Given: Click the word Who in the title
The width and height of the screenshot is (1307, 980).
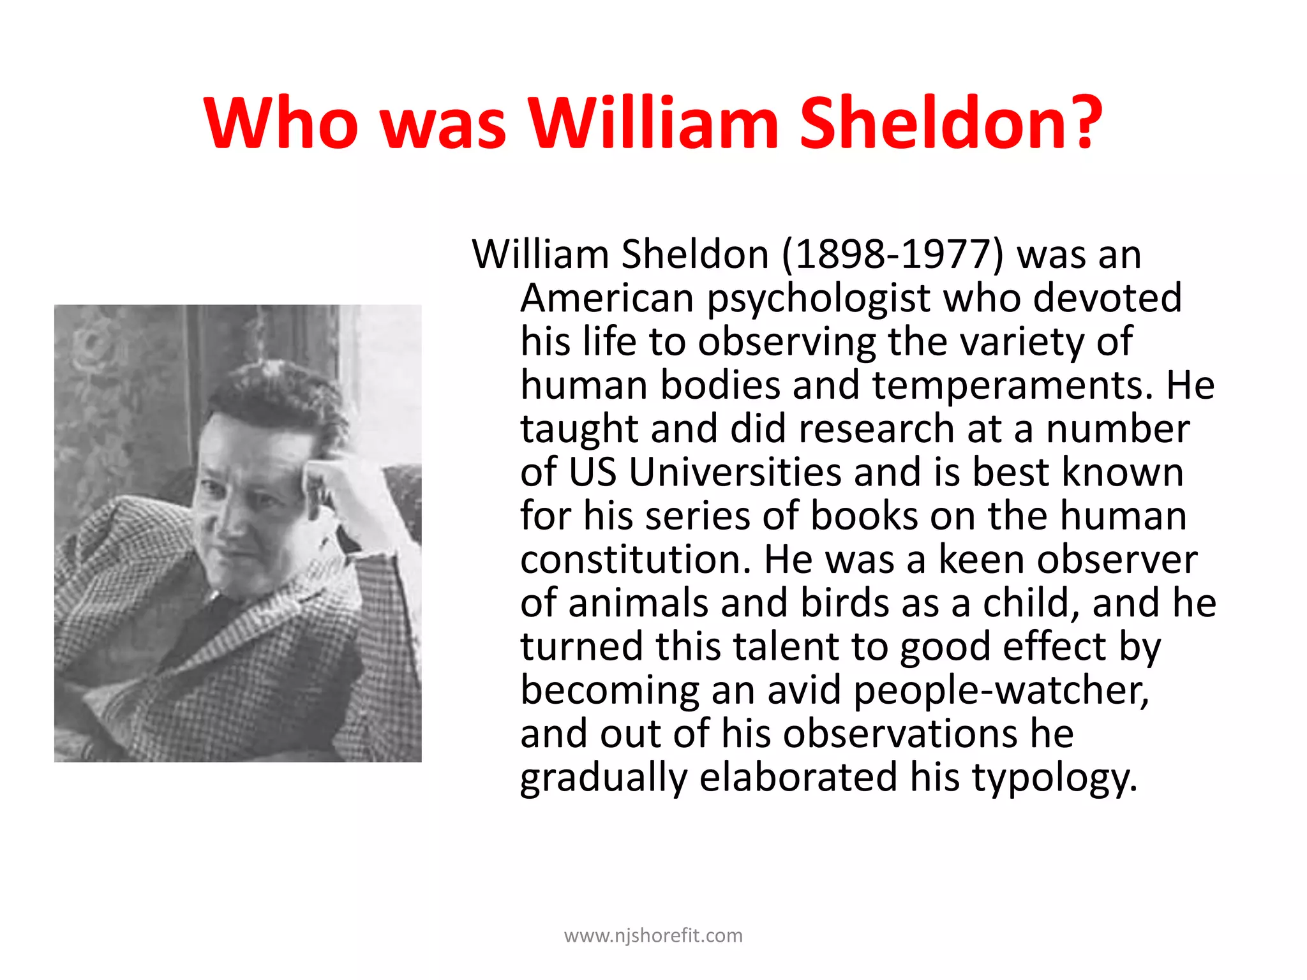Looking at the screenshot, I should point(281,122).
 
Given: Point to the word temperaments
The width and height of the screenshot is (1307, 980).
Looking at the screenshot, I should point(1013,386).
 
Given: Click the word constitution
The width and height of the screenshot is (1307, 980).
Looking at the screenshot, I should point(631,560).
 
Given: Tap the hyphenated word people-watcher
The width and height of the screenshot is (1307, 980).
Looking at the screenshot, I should point(1001,691).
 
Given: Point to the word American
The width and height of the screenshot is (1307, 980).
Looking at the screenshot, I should point(607,299).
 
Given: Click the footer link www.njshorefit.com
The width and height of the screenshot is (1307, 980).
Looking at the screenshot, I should point(653,936).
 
